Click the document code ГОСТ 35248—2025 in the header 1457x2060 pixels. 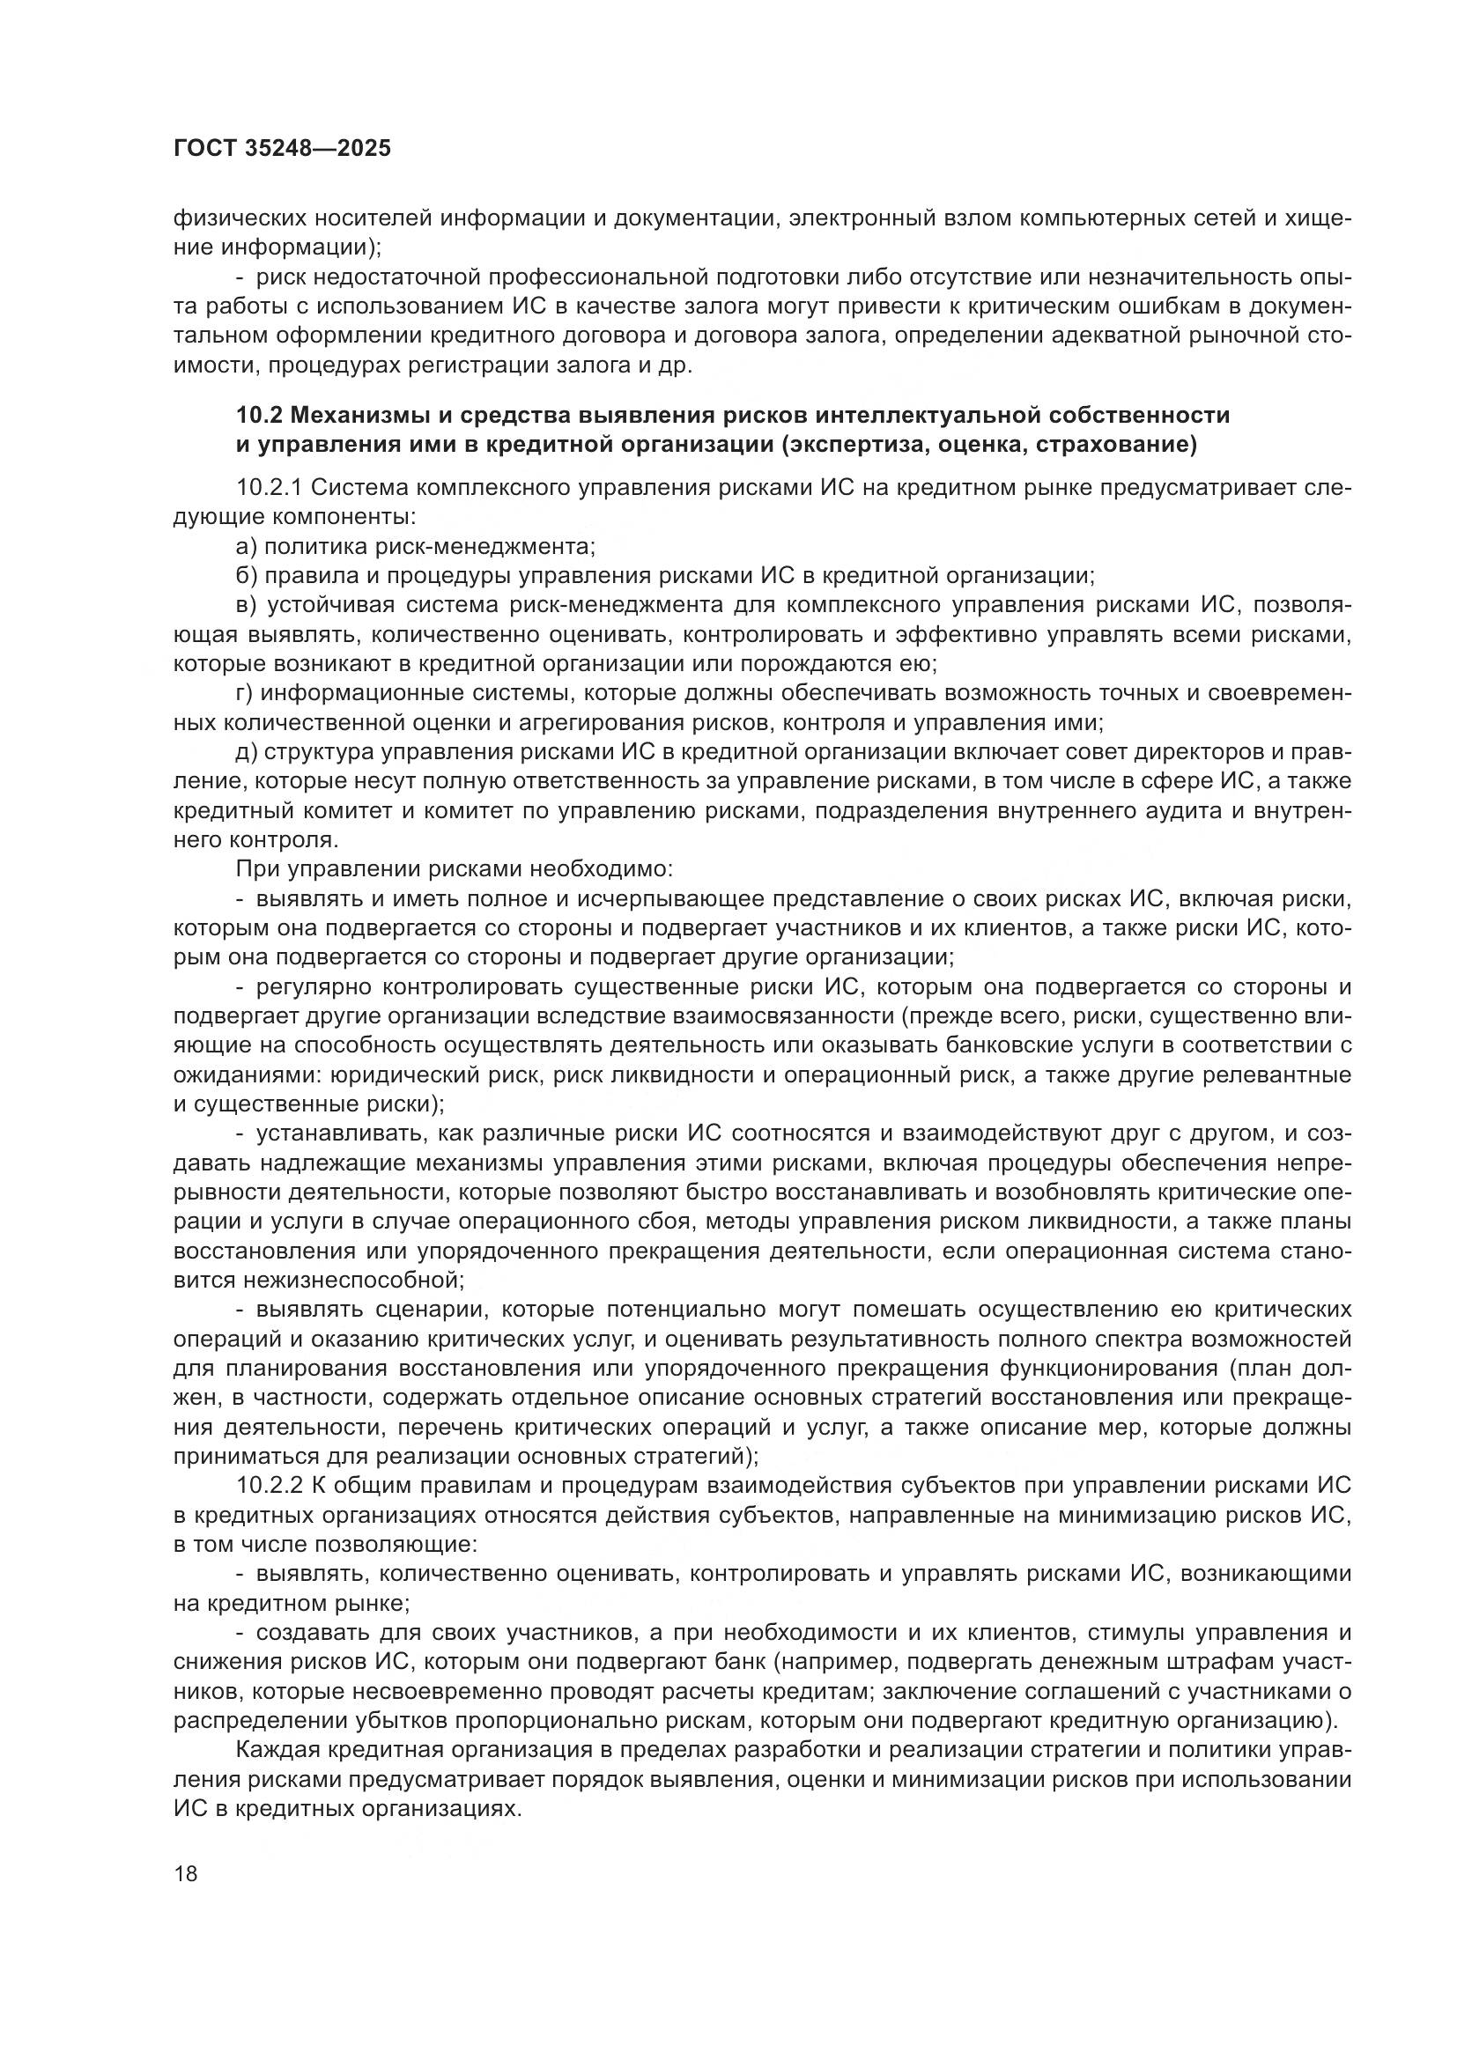(x=282, y=149)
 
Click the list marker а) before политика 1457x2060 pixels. (x=247, y=546)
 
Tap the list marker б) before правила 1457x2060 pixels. (x=247, y=575)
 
